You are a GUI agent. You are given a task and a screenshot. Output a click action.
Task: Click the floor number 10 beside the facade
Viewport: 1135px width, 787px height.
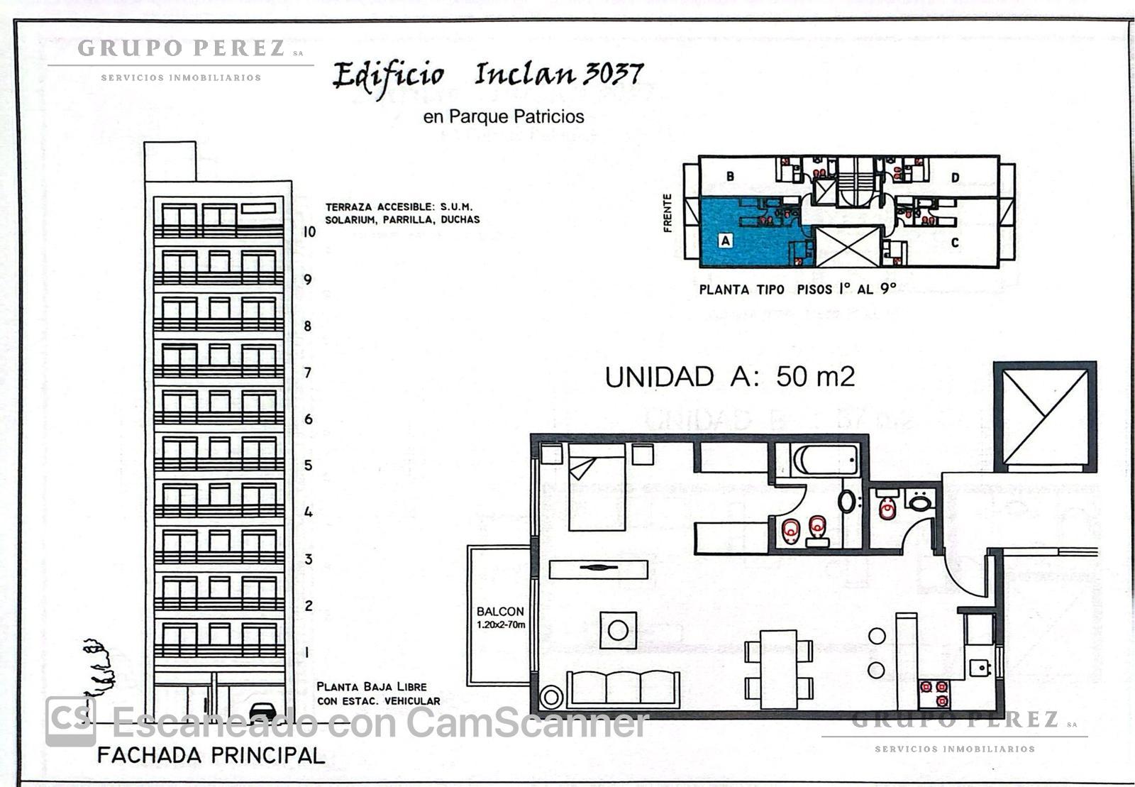point(309,231)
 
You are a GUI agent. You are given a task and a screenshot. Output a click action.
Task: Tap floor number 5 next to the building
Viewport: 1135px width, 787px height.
point(308,466)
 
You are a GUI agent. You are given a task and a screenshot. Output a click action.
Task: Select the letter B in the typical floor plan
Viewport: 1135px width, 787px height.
point(730,177)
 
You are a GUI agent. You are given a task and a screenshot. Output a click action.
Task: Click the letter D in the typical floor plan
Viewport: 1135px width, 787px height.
point(955,177)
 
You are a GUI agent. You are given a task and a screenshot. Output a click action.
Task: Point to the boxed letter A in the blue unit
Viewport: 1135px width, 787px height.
point(726,240)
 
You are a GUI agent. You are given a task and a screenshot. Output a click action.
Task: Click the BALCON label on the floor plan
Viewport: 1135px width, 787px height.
point(500,611)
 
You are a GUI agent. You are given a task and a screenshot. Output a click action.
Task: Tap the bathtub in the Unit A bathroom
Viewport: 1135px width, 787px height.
point(826,460)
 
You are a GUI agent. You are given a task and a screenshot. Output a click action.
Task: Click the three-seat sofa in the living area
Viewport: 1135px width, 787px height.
point(624,688)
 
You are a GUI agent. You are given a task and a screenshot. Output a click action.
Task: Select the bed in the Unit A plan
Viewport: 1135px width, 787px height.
point(597,488)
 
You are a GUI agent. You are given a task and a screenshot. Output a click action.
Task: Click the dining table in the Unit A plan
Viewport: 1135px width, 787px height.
point(779,669)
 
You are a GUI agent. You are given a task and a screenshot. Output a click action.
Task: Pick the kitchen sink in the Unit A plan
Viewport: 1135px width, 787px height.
point(980,667)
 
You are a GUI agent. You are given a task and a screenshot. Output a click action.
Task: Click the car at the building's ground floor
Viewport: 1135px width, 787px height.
point(263,712)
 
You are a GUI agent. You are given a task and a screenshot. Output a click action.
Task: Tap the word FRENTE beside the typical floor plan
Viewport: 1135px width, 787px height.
point(668,214)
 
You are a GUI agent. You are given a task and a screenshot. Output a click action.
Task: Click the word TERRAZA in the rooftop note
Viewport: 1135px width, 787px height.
point(348,207)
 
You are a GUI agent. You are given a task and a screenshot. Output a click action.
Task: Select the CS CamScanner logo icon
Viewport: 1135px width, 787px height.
point(71,721)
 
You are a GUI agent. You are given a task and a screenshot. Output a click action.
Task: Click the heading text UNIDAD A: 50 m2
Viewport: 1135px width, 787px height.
point(730,377)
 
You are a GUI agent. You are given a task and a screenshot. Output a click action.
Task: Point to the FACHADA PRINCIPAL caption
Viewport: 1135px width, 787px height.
point(211,755)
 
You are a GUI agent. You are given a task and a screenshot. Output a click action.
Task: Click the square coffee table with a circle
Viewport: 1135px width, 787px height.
point(618,630)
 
